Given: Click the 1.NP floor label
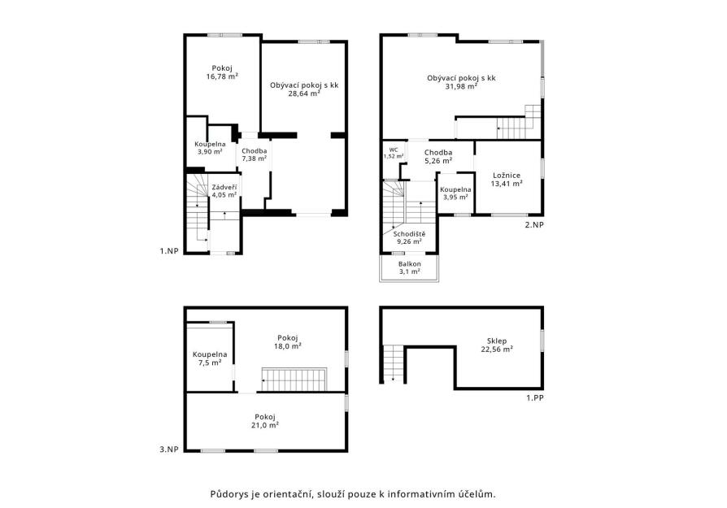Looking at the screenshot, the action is [x=169, y=251].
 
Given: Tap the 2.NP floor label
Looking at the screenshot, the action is [x=534, y=225].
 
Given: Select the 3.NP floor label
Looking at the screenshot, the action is [x=169, y=449].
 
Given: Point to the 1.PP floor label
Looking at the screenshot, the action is [x=534, y=397].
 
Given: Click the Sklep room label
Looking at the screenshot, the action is [x=497, y=341].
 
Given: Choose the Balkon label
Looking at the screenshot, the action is [x=409, y=263].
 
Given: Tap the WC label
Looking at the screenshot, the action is [x=393, y=150].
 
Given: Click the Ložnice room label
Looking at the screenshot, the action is [x=507, y=176].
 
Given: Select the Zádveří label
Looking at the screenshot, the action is [x=224, y=187].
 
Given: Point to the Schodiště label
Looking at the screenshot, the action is [x=409, y=234].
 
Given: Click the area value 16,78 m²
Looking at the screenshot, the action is [x=222, y=76].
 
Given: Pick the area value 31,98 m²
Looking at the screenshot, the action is [x=461, y=86].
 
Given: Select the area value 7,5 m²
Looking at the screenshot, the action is [x=210, y=363].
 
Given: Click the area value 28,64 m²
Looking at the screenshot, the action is [x=304, y=93].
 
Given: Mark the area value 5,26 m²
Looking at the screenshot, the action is [x=438, y=161].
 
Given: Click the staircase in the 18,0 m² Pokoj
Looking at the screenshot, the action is [x=294, y=380].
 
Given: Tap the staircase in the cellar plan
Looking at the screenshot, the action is [x=393, y=364].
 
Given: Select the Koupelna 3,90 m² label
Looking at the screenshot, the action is [x=210, y=147].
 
